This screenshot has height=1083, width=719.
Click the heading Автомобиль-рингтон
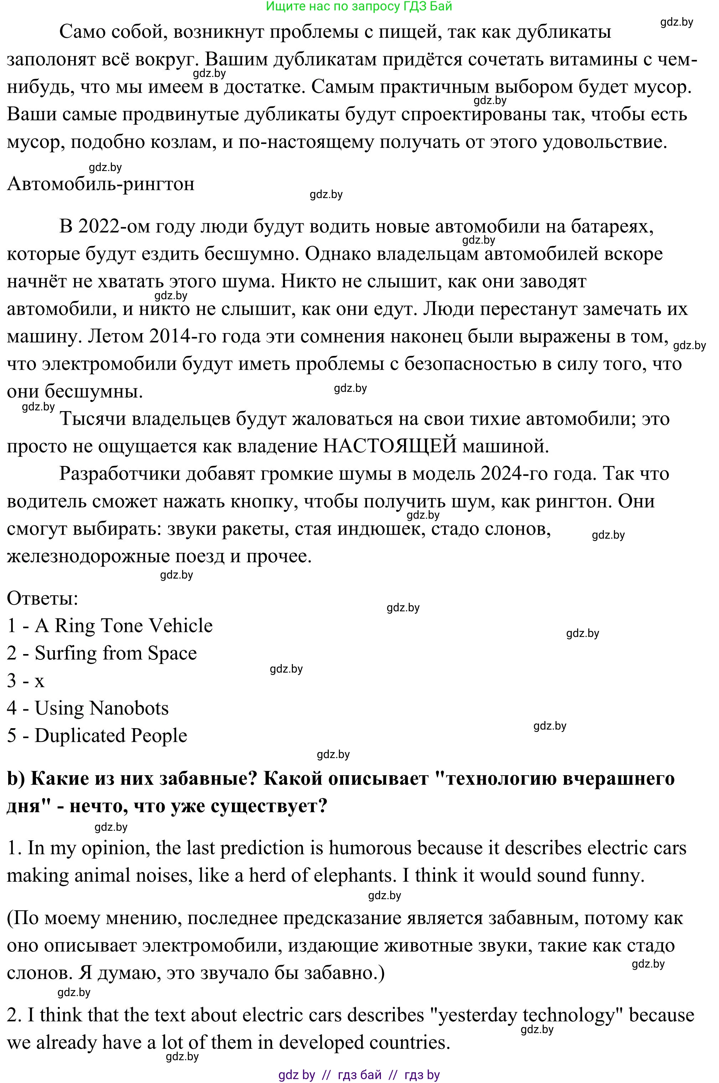click(x=100, y=184)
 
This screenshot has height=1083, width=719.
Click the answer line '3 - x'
click(x=26, y=681)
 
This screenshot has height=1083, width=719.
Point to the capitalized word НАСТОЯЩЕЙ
click(x=390, y=446)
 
